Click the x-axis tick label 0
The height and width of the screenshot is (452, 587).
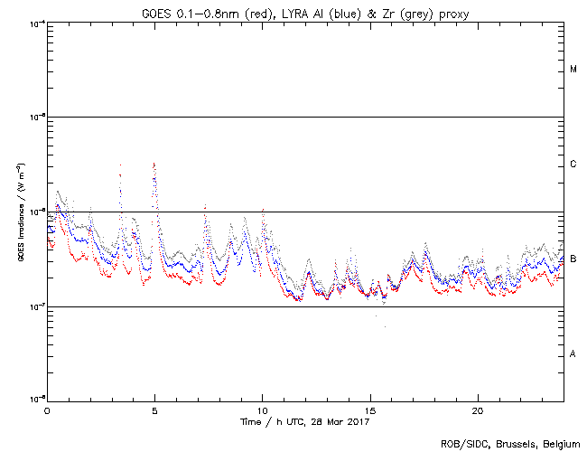pos(47,410)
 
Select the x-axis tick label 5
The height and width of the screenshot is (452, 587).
pos(154,410)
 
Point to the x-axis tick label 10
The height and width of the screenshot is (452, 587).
pos(262,410)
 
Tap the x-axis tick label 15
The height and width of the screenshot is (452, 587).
pos(369,410)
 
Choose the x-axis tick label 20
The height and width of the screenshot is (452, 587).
pos(477,410)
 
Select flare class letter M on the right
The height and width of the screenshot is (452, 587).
pos(573,70)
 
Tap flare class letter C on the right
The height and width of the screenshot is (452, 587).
pos(573,165)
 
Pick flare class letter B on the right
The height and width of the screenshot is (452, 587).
pos(573,259)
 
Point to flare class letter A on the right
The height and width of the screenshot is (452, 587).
pos(573,353)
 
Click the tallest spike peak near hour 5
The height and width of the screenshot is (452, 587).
pos(154,164)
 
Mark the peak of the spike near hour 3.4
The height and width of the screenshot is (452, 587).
pos(120,165)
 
